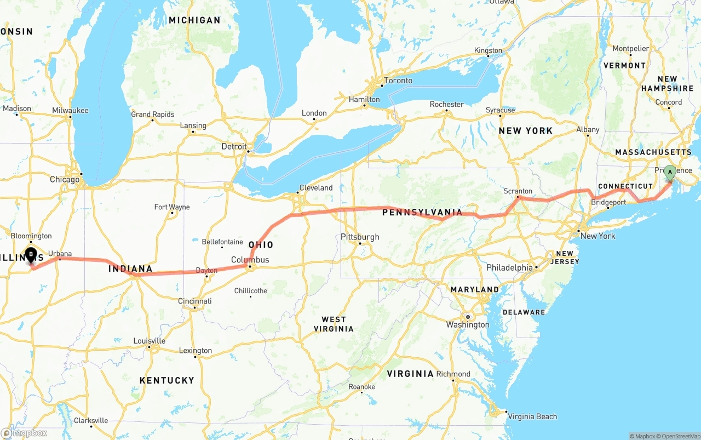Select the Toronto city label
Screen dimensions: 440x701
click(x=398, y=81)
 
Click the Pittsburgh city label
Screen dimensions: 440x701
click(x=360, y=237)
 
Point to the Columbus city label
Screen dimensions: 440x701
click(x=250, y=260)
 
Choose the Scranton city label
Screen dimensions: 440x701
click(x=518, y=191)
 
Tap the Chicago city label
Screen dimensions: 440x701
click(x=65, y=179)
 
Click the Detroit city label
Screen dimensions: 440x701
click(x=234, y=146)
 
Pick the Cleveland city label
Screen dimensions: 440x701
click(x=316, y=187)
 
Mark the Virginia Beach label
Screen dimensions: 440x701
click(x=532, y=416)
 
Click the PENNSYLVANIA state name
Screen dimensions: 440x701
click(x=422, y=212)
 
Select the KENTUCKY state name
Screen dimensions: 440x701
click(x=167, y=380)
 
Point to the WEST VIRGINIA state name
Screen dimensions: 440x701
click(x=334, y=324)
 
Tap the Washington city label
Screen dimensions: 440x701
click(x=468, y=324)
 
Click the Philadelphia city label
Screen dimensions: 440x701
click(x=509, y=268)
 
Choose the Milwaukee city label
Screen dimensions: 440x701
click(x=70, y=110)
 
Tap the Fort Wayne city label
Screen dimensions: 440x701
click(x=172, y=207)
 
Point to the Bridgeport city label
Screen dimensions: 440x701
click(x=608, y=202)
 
